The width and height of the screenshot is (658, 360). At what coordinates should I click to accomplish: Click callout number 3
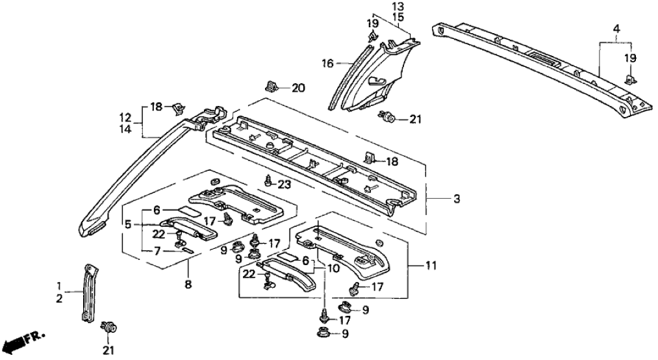(x=457, y=198)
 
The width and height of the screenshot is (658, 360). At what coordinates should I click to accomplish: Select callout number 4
(x=616, y=29)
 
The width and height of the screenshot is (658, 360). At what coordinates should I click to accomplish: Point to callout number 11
(x=431, y=266)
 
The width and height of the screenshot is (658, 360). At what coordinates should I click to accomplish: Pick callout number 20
(x=297, y=88)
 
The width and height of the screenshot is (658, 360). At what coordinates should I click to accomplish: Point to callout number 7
(x=157, y=251)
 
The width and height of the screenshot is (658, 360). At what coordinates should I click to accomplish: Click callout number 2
(x=60, y=299)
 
